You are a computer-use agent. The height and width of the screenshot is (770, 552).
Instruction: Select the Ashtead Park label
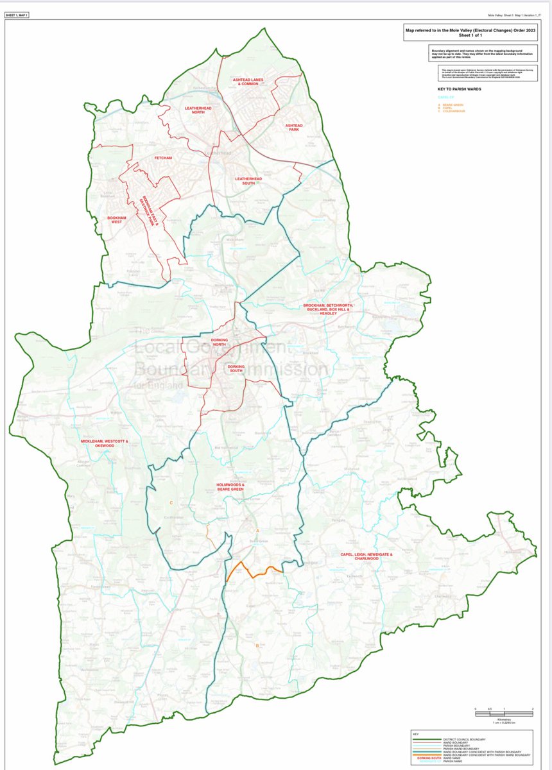click(293, 127)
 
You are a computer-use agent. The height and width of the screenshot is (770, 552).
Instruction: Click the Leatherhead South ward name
click(245, 180)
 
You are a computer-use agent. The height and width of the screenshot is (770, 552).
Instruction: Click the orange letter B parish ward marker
click(257, 646)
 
